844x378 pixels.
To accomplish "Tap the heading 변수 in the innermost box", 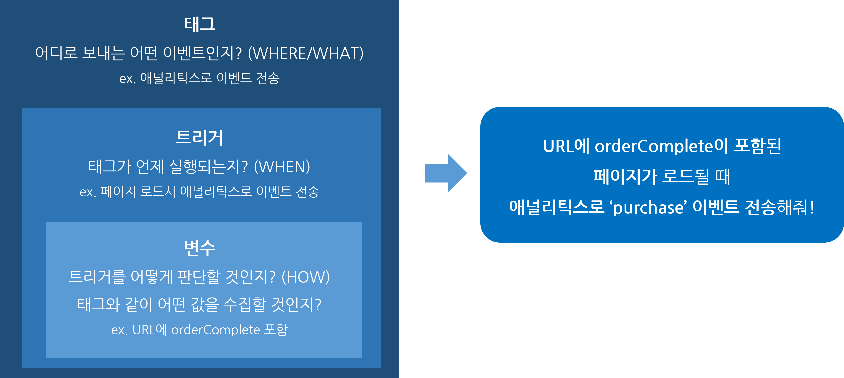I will coord(200,248).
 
